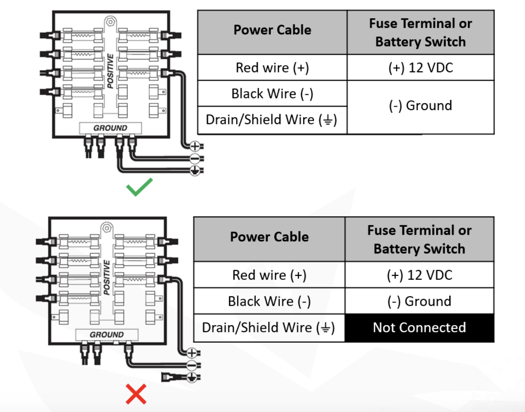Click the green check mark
click(139, 187)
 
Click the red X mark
click(136, 394)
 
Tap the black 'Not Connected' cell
click(419, 328)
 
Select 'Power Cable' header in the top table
click(272, 30)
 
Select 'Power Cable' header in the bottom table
click(269, 237)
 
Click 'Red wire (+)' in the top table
click(272, 68)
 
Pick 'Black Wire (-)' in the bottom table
click(269, 301)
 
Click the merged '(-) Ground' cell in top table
click(420, 106)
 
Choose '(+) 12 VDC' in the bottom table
click(419, 275)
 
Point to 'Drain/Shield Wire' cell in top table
click(271, 120)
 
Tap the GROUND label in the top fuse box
click(110, 128)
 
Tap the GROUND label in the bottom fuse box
click(107, 335)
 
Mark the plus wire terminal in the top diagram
click(195, 146)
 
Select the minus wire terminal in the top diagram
click(195, 159)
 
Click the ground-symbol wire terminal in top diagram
click(195, 170)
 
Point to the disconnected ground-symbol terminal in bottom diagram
click(191, 377)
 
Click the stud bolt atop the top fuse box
click(110, 22)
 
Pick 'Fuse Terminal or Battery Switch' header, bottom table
click(419, 239)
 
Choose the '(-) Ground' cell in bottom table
click(419, 301)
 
